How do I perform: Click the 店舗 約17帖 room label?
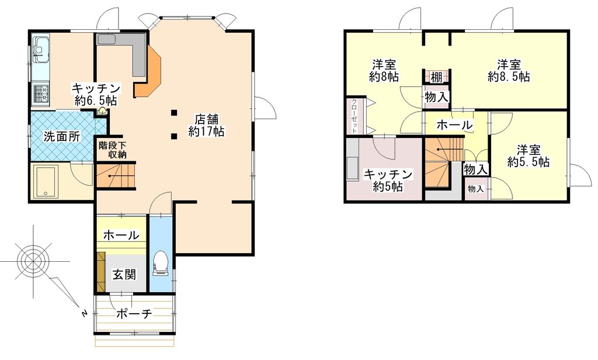tap(206, 125)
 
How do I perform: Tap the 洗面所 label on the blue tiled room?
tap(61, 136)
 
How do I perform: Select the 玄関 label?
tap(124, 274)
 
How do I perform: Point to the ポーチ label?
tap(134, 314)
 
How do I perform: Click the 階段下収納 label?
tap(112, 150)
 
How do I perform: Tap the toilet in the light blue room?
tap(160, 263)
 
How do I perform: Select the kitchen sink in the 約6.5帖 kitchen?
tap(40, 49)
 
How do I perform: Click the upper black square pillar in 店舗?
tap(174, 112)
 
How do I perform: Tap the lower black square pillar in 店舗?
tap(174, 136)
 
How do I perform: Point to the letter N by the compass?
tap(84, 313)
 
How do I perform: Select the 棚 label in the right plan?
tap(436, 78)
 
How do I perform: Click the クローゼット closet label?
tap(354, 116)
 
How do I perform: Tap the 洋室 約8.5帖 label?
tap(509, 70)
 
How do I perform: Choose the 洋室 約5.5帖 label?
tap(529, 155)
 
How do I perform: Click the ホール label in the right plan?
tap(454, 125)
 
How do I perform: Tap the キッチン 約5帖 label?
tap(388, 180)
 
